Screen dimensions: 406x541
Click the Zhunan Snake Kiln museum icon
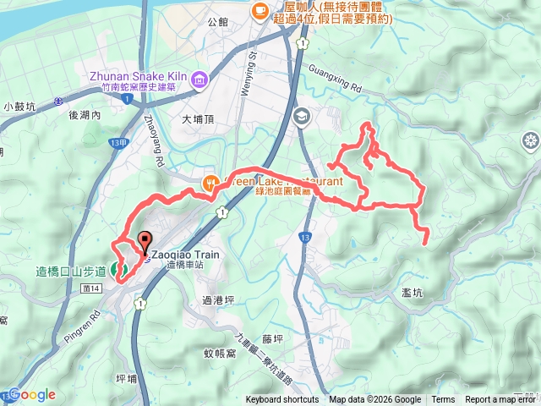[199, 80]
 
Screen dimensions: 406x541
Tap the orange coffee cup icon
[260, 10]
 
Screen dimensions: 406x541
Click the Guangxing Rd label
[336, 79]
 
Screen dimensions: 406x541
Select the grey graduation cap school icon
[301, 117]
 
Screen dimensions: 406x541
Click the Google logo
[31, 395]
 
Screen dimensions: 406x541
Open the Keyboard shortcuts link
[282, 400]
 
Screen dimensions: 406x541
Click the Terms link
[443, 400]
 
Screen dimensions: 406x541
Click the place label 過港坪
[218, 299]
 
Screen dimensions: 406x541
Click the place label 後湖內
[85, 114]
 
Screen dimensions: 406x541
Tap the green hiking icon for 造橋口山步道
[117, 271]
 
